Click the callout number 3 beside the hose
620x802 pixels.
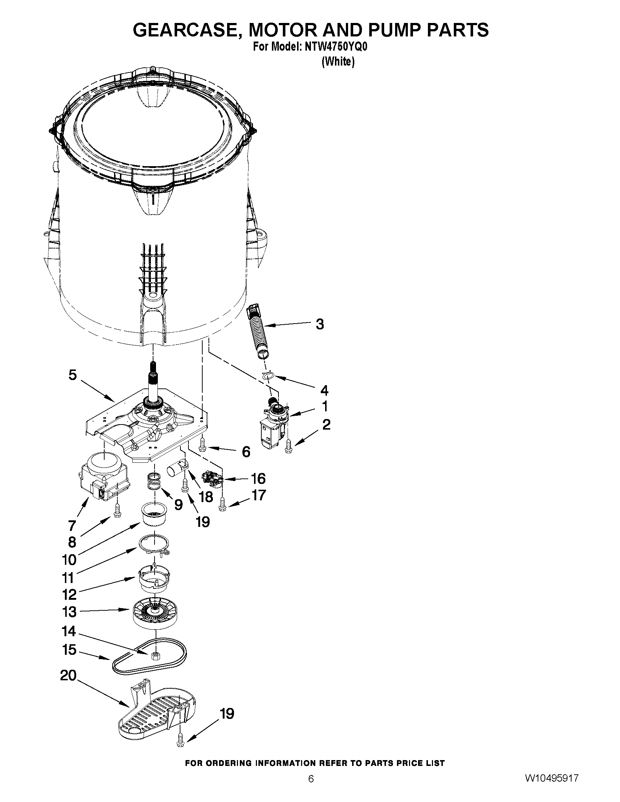pyautogui.click(x=320, y=325)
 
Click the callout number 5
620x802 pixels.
pyautogui.click(x=73, y=375)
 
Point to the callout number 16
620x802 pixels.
pyautogui.click(x=258, y=479)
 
